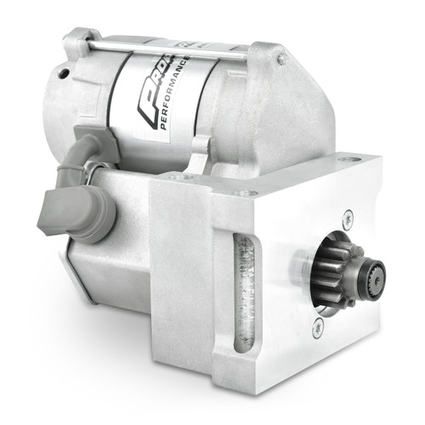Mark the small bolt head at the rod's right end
[281, 59]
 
